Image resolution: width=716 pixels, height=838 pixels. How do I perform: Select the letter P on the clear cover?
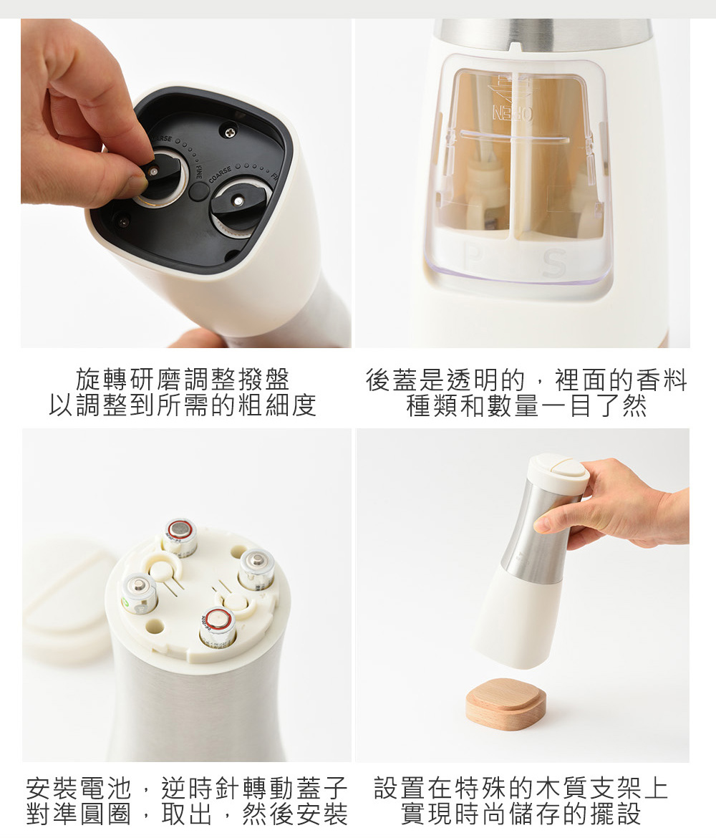tap(473, 259)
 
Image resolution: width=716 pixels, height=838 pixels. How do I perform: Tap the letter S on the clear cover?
tap(554, 262)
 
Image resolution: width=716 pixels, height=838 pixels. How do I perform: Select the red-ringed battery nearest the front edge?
tap(218, 626)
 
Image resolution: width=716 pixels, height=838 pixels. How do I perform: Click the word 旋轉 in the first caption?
tap(102, 380)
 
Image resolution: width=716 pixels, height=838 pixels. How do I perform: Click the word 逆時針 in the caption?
tap(201, 788)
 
